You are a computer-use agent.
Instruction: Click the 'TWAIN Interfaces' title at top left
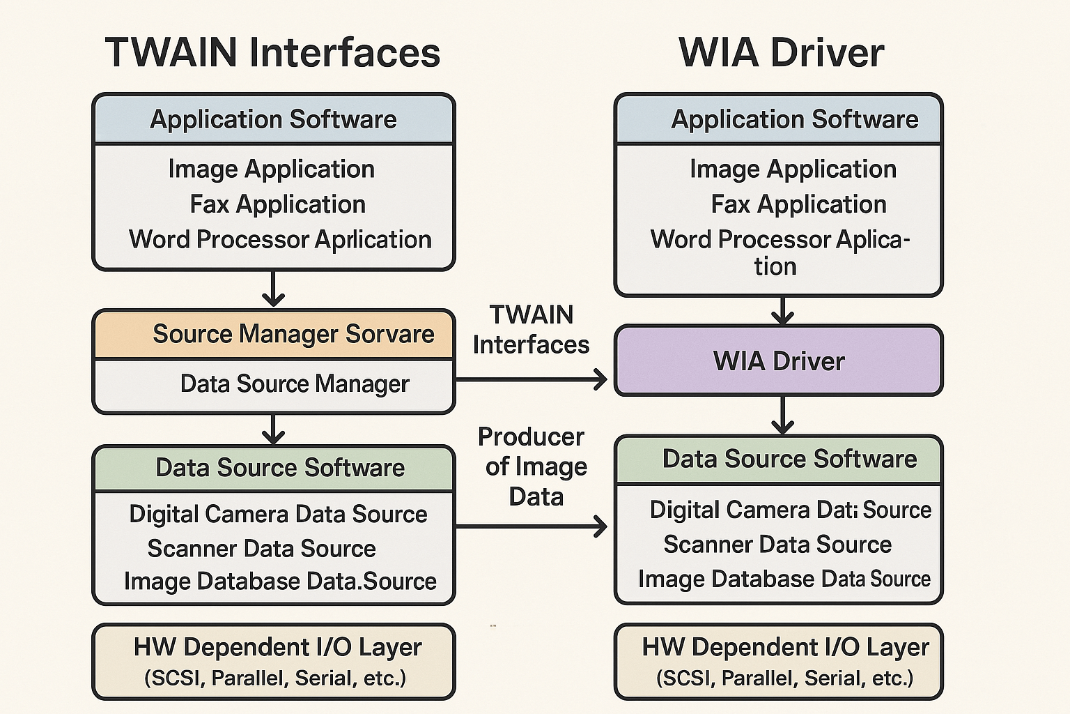272,53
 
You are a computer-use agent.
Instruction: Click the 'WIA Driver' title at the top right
781,53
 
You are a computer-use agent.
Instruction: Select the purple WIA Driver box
778,361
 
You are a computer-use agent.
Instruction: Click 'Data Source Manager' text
294,383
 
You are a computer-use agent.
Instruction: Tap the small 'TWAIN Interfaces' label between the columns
531,329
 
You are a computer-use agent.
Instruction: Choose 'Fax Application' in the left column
277,204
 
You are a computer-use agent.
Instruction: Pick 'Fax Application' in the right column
798,204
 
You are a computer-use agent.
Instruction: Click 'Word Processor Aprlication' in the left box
280,239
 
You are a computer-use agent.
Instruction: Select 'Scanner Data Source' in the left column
261,549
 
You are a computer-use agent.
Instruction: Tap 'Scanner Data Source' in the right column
777,545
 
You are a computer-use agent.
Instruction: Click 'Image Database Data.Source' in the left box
280,582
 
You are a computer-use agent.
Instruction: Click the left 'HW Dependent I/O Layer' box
274,661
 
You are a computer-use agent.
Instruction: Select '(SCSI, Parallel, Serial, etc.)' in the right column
784,678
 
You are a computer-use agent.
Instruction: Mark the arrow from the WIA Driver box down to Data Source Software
783,416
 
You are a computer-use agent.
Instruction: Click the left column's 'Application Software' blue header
273,120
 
